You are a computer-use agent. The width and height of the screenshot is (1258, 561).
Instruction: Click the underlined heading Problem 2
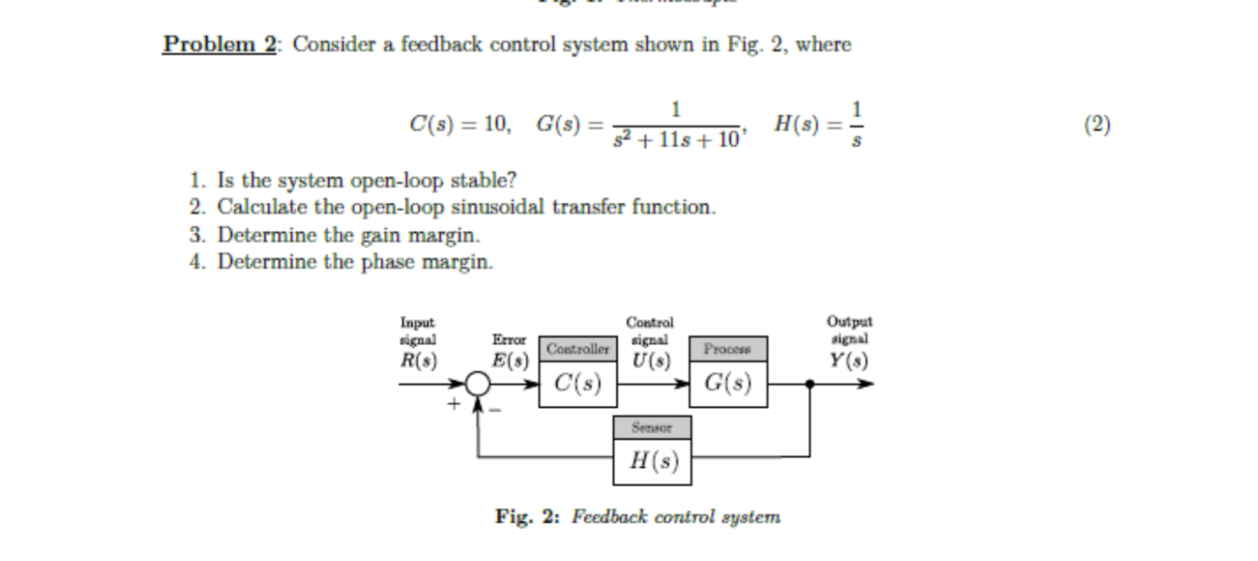[x=219, y=45]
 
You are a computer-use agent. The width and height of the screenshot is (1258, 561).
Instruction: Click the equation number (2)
[x=1097, y=124]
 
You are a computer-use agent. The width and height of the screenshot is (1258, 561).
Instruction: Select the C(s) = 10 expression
[x=459, y=124]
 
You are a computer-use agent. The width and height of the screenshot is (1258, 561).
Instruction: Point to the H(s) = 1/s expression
[x=819, y=124]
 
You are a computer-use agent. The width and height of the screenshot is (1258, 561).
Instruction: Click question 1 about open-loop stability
[x=354, y=180]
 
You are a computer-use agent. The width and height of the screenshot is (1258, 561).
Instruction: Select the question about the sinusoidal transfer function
[x=453, y=208]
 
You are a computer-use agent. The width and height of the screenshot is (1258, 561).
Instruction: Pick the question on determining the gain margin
[x=335, y=235]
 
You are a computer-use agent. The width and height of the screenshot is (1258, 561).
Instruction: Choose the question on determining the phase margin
[x=342, y=262]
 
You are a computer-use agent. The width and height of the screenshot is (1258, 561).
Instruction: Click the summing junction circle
[x=478, y=384]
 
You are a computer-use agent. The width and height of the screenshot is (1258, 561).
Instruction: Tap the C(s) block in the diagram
[x=577, y=384]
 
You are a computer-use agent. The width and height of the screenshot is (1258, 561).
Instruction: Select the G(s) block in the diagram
[x=727, y=384]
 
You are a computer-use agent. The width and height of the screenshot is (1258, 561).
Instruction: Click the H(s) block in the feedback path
[x=653, y=461]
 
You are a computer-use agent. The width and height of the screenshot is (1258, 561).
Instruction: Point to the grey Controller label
[x=577, y=349]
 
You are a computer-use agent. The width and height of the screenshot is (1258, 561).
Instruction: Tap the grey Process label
[x=727, y=349]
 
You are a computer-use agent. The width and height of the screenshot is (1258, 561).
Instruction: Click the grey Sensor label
[x=653, y=426]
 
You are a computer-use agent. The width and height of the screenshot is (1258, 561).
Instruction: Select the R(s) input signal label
[x=418, y=359]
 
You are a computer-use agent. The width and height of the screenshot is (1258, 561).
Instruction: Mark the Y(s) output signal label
[x=849, y=359]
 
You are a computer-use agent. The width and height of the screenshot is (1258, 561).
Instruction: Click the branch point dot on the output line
[x=810, y=384]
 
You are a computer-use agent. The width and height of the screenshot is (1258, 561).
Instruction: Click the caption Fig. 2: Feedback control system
[x=638, y=517]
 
